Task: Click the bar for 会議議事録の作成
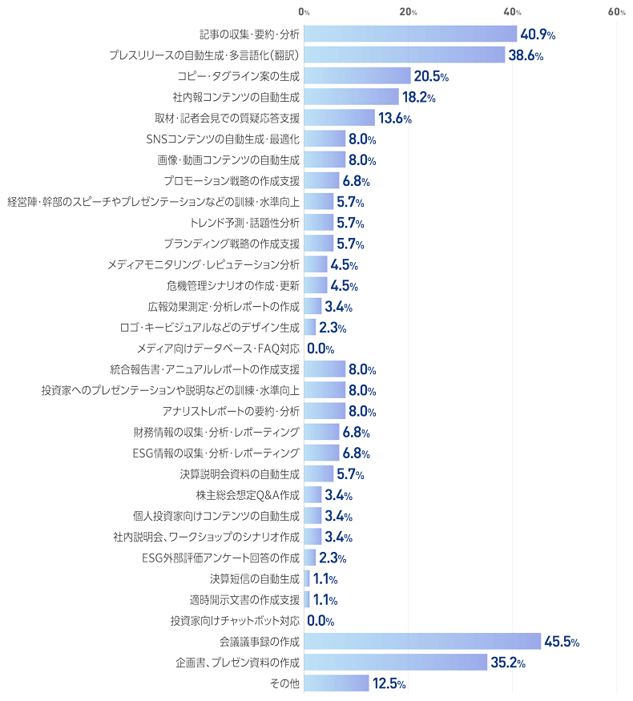[422, 642]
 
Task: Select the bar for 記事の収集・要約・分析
[410, 34]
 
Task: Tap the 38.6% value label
[526, 56]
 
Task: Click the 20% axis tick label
[408, 12]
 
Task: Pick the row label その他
[284, 683]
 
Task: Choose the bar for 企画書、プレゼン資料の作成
[396, 663]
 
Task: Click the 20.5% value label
[431, 77]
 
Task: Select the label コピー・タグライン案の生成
[238, 77]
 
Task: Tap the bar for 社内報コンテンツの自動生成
[351, 98]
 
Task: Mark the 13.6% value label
[394, 119]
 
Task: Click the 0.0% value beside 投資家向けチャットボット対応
[321, 621]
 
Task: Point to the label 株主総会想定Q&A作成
[248, 495]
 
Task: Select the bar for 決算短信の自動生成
[307, 578]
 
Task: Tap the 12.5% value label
[389, 683]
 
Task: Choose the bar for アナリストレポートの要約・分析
[325, 411]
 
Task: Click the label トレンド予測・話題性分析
[245, 224]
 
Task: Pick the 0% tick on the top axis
[304, 12]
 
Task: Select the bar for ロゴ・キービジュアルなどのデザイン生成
[310, 328]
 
